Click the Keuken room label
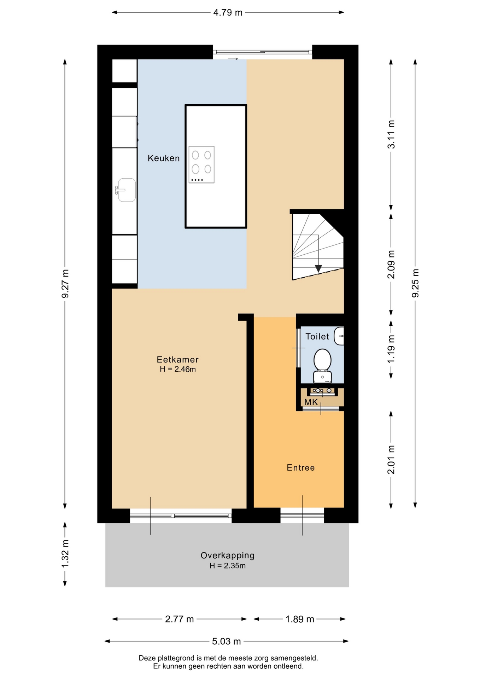pyautogui.click(x=163, y=158)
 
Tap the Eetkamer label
pyautogui.click(x=177, y=359)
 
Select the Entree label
pyautogui.click(x=300, y=468)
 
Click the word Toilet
pyautogui.click(x=317, y=336)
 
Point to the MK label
pyautogui.click(x=311, y=402)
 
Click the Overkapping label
pyautogui.click(x=227, y=555)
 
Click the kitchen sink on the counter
pyautogui.click(x=126, y=190)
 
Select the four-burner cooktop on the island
pyautogui.click(x=201, y=164)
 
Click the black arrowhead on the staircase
pyautogui.click(x=318, y=268)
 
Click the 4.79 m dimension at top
pyautogui.click(x=228, y=12)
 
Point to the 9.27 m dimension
pyautogui.click(x=65, y=284)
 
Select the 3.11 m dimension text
pyautogui.click(x=391, y=134)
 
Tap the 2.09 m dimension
pyautogui.click(x=391, y=265)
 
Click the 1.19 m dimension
pyautogui.click(x=391, y=349)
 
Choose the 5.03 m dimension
pyautogui.click(x=227, y=641)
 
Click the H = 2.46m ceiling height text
pyautogui.click(x=178, y=369)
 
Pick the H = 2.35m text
pyautogui.click(x=227, y=565)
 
